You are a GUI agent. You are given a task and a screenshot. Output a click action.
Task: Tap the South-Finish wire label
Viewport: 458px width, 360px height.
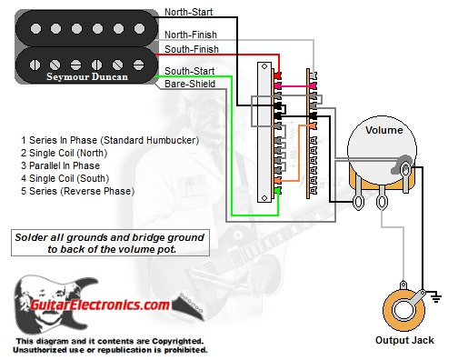tap(188, 47)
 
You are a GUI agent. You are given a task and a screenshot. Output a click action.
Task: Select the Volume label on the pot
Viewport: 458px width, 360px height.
tap(383, 129)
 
